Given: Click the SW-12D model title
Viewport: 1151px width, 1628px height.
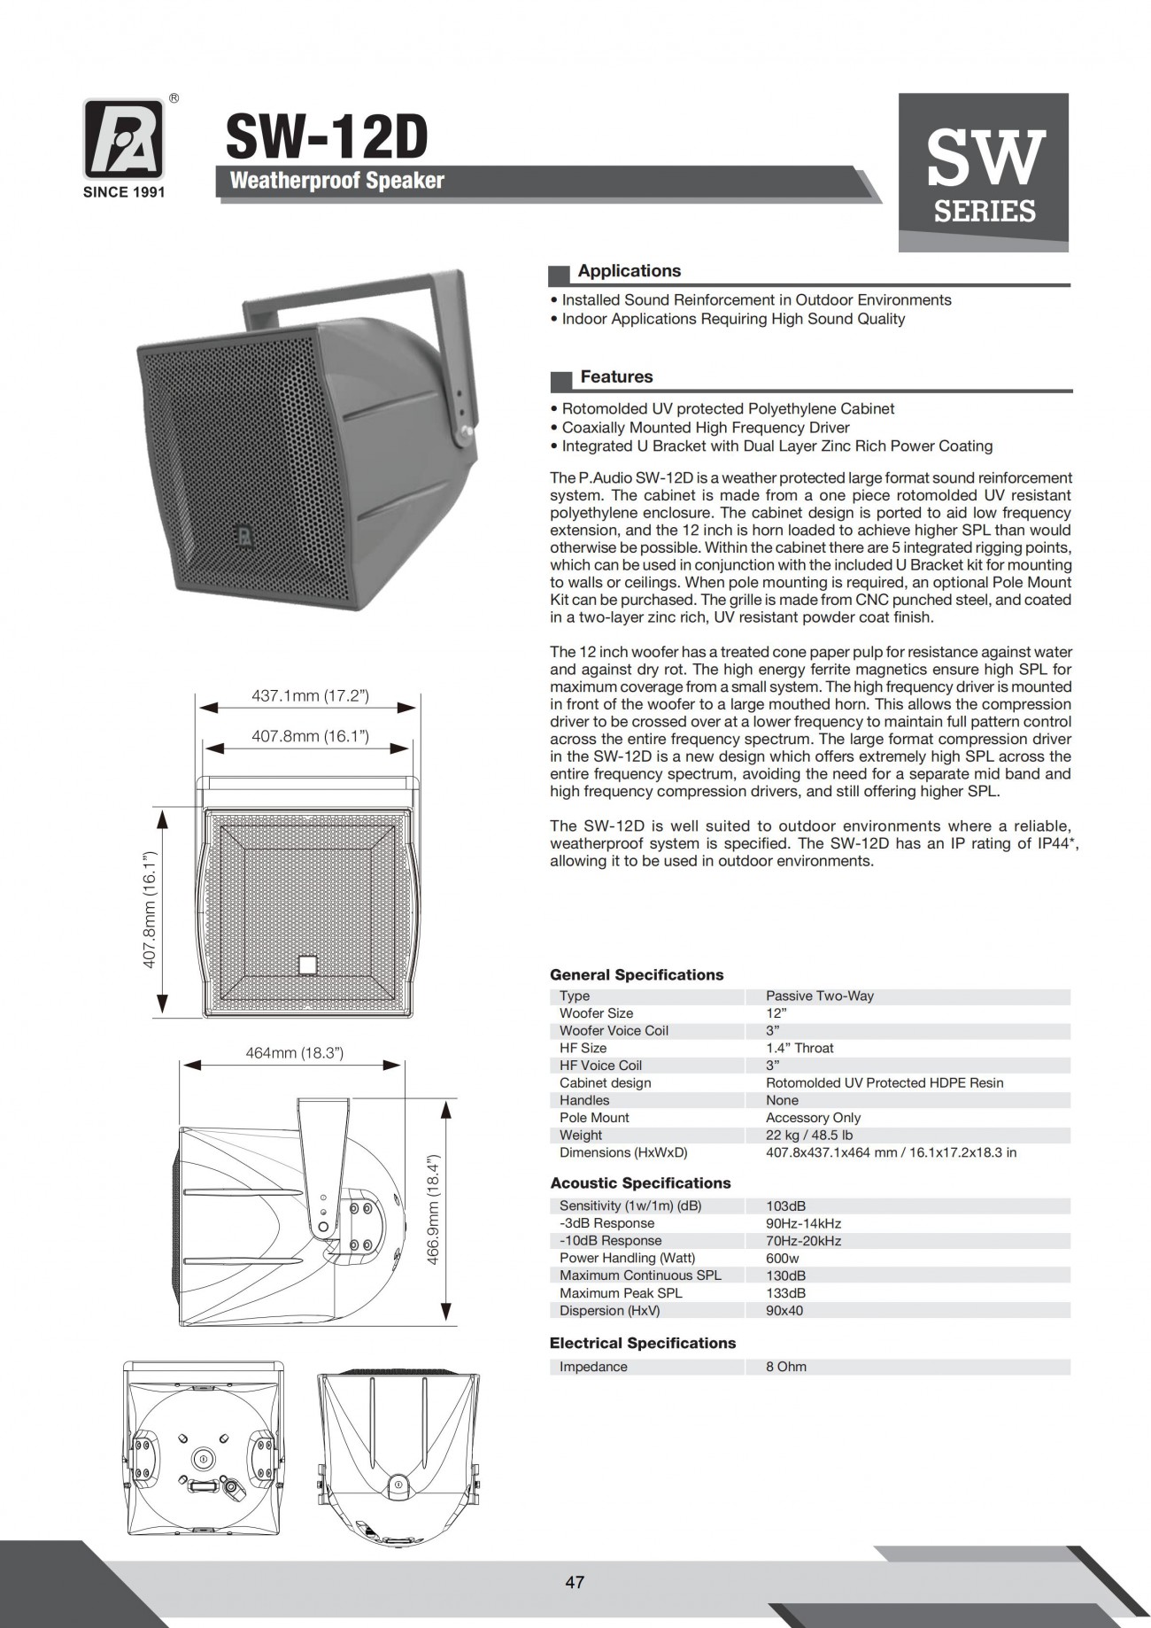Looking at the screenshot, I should coord(327,137).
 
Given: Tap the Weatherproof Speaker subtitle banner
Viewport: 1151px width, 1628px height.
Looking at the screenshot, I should coord(336,181).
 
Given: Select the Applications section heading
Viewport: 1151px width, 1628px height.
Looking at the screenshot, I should coord(629,271).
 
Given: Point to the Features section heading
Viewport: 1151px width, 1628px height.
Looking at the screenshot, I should coord(616,377).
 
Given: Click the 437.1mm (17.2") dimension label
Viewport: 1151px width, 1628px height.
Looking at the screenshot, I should coord(310,696).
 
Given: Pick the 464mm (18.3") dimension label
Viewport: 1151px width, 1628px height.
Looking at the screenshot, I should coord(294,1053).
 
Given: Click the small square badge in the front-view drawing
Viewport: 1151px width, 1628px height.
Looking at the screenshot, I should coord(307,965).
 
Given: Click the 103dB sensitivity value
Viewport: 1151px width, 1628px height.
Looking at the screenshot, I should coord(785,1205).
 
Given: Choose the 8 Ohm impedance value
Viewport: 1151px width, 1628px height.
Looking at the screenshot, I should coord(785,1367).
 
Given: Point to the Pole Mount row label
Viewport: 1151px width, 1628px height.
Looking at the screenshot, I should coord(594,1118).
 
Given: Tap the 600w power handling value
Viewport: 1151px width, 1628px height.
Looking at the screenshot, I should coord(782,1258).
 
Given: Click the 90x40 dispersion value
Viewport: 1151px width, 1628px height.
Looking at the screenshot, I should coord(784,1310).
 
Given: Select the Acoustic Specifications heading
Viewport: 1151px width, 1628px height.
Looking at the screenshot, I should coord(640,1183).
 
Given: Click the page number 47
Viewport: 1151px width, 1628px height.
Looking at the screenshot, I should coord(575,1583).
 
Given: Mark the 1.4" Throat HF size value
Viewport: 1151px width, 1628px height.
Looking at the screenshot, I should coord(800,1048).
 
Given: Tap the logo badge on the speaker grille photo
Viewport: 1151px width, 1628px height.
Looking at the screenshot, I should coord(242,534).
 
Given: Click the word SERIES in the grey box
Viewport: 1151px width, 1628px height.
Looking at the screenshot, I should coord(985,211).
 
